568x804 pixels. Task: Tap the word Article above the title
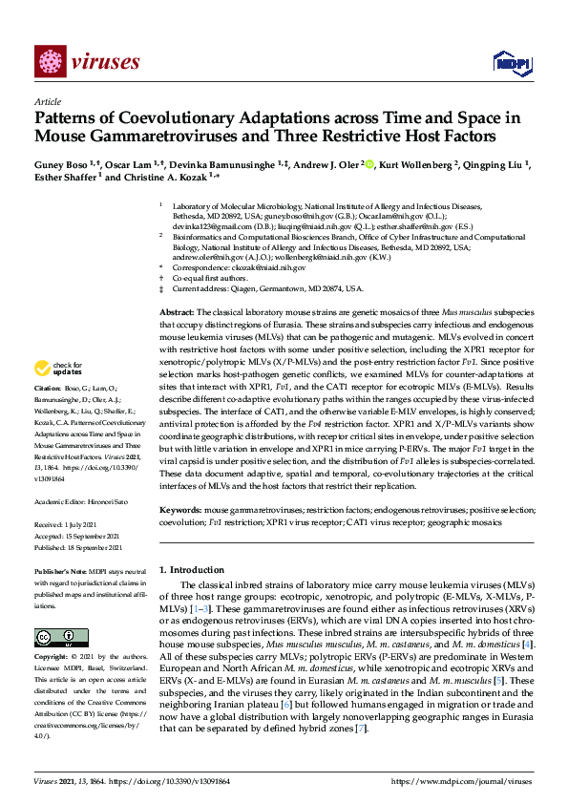[x=47, y=100]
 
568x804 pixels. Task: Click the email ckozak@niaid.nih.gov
[x=270, y=267]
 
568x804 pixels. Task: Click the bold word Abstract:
[x=177, y=312]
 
